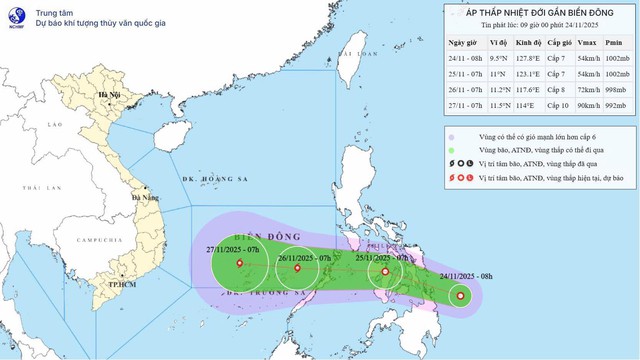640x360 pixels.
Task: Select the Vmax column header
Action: click(590, 42)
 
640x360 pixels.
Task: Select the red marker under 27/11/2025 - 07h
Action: click(239, 265)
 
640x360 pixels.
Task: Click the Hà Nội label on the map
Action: click(101, 97)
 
